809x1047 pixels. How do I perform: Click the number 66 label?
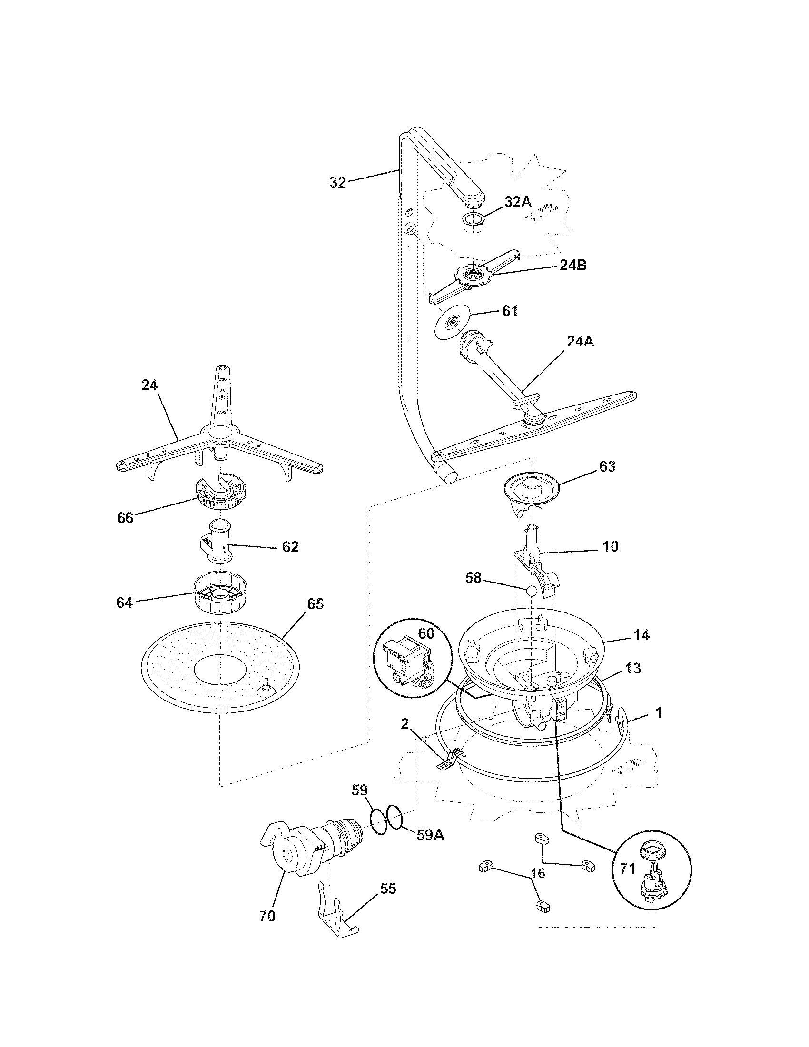pyautogui.click(x=125, y=518)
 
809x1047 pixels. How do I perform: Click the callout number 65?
pyautogui.click(x=315, y=604)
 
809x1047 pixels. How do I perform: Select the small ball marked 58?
pyautogui.click(x=531, y=591)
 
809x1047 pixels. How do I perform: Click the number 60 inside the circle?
pyautogui.click(x=426, y=633)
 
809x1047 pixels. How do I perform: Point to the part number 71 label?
pyautogui.click(x=627, y=868)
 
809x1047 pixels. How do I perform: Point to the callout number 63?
pyautogui.click(x=607, y=466)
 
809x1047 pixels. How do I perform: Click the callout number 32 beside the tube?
pyautogui.click(x=337, y=182)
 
